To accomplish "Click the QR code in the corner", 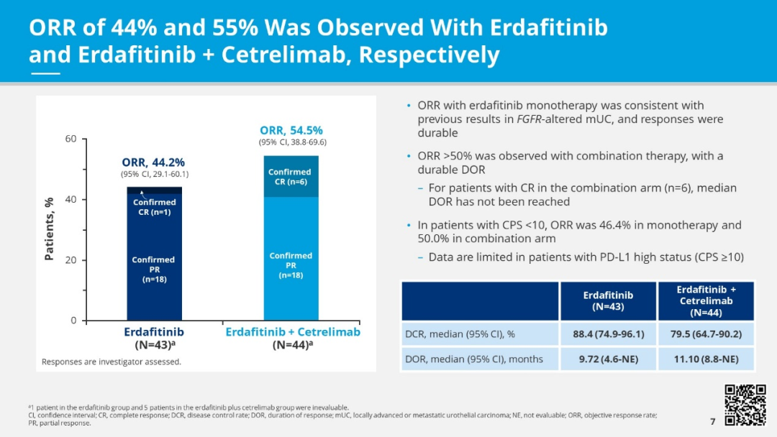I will [x=745, y=405].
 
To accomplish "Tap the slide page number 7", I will [x=712, y=420].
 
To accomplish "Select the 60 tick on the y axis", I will [x=71, y=139].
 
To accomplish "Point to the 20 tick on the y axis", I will [x=71, y=260].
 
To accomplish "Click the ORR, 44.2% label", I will [x=153, y=162].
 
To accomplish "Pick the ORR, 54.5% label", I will [x=291, y=130].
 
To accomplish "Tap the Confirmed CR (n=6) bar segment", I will [x=291, y=177].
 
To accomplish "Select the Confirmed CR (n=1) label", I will [x=154, y=207].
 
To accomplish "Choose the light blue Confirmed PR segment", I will [x=291, y=265].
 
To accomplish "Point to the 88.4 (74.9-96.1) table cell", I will [x=608, y=334].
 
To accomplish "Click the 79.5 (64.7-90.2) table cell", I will [x=706, y=334].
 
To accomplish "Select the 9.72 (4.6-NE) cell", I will [x=608, y=359].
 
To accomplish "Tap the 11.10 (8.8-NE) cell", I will [x=706, y=359].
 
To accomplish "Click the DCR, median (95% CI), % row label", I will [x=460, y=334].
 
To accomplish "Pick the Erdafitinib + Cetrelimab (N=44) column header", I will [x=706, y=300].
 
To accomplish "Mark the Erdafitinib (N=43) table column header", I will [x=608, y=300].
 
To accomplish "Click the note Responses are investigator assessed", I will [x=112, y=362].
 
